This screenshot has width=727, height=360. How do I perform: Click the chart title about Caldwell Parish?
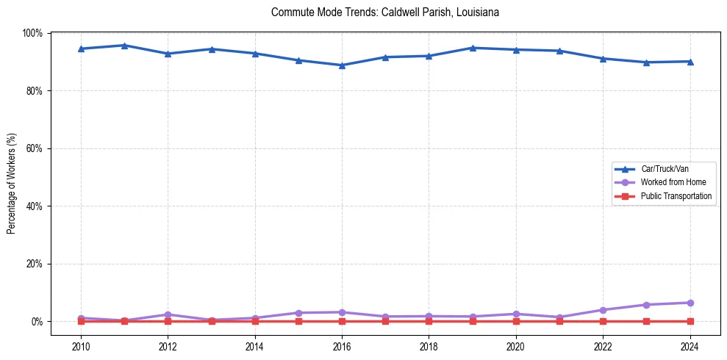click(385, 12)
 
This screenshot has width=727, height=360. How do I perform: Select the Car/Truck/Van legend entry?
click(664, 169)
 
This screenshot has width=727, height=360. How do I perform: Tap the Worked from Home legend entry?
click(670, 182)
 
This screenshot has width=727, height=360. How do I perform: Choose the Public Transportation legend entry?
click(676, 196)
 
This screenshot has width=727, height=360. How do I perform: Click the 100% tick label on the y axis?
click(32, 33)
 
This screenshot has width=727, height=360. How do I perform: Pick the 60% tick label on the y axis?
click(34, 148)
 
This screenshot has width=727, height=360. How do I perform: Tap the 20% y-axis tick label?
click(34, 264)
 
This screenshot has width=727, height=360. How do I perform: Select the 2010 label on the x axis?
click(81, 346)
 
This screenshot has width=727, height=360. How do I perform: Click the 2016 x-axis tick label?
click(342, 346)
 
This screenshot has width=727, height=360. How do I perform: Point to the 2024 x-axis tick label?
click(690, 346)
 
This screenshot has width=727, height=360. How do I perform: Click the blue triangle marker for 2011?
click(124, 46)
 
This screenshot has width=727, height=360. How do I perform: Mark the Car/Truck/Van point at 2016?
click(342, 65)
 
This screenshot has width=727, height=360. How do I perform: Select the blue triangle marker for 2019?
click(473, 48)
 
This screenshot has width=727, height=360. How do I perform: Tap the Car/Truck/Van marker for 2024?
click(690, 62)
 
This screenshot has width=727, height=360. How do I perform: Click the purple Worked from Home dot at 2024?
click(690, 303)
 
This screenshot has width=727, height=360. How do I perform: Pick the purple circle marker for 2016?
click(342, 312)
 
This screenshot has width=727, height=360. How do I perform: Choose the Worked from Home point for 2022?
click(603, 310)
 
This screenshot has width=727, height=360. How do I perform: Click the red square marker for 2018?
click(429, 321)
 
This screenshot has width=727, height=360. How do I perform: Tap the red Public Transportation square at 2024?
click(690, 321)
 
